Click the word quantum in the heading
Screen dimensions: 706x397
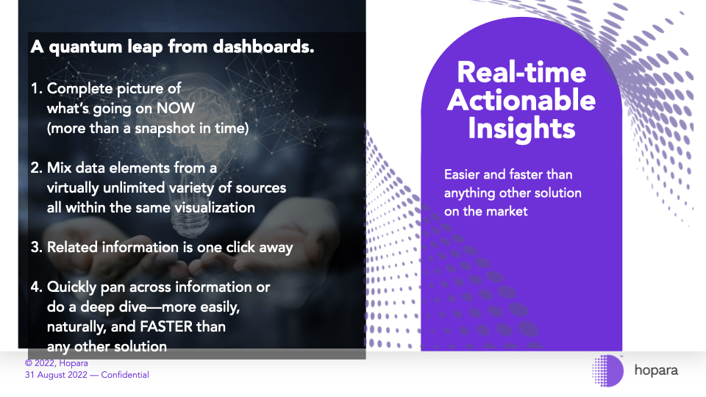point(85,47)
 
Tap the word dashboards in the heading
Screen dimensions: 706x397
point(263,46)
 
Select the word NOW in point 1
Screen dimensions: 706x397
point(176,108)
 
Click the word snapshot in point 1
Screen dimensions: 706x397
point(165,129)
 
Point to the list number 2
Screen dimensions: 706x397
point(37,168)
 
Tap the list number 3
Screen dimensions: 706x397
point(37,247)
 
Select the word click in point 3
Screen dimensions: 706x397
point(240,247)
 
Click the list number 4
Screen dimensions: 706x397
point(37,287)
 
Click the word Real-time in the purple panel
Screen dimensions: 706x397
point(521,72)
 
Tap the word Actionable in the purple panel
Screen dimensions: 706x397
point(521,100)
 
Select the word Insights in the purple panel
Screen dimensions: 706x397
point(521,129)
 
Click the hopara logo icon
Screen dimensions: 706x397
point(608,371)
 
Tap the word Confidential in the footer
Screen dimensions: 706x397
point(125,375)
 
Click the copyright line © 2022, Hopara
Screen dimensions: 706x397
point(57,363)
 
